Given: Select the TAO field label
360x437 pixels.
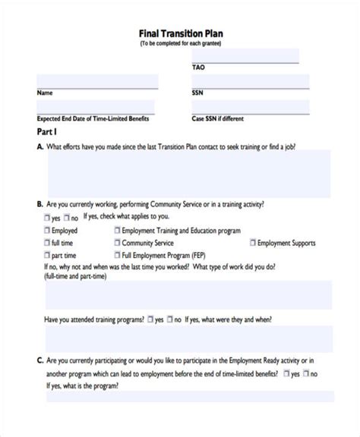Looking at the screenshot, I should pyautogui.click(x=197, y=67).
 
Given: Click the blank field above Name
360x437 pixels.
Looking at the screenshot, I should pyautogui.click(x=97, y=81).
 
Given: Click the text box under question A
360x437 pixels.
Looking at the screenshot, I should pyautogui.click(x=190, y=173).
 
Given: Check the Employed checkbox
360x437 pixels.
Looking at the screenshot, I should pyautogui.click(x=47, y=229).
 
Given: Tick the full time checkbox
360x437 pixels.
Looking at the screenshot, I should pyautogui.click(x=47, y=243).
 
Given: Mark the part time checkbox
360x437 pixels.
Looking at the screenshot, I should pyautogui.click(x=47, y=256).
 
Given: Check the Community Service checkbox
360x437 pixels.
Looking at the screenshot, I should pyautogui.click(x=118, y=243).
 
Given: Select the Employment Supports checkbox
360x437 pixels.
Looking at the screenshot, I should pyautogui.click(x=252, y=243).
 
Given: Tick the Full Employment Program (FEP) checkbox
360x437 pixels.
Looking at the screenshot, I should pyautogui.click(x=118, y=256).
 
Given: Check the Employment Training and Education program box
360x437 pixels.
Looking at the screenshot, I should pyautogui.click(x=118, y=229).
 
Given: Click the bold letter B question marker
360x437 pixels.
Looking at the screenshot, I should pyautogui.click(x=39, y=204).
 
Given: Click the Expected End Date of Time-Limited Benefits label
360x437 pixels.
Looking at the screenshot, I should pyautogui.click(x=93, y=118).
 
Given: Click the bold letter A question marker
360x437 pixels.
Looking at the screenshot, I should pyautogui.click(x=39, y=146).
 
